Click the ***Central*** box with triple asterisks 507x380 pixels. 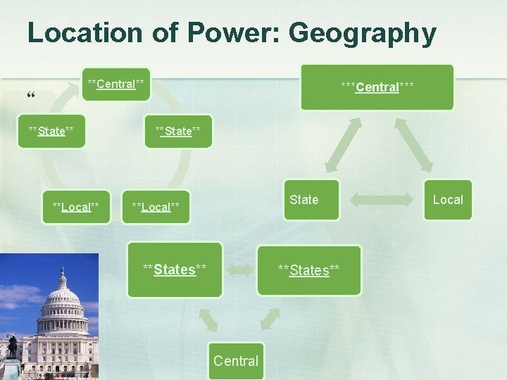point(377,87)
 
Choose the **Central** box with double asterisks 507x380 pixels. point(115,84)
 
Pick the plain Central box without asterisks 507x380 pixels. point(235,361)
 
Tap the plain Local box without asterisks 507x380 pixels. point(448,200)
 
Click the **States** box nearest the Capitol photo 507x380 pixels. point(175,269)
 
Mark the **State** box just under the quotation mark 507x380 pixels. point(51,131)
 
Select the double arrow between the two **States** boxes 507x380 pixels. point(241,270)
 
